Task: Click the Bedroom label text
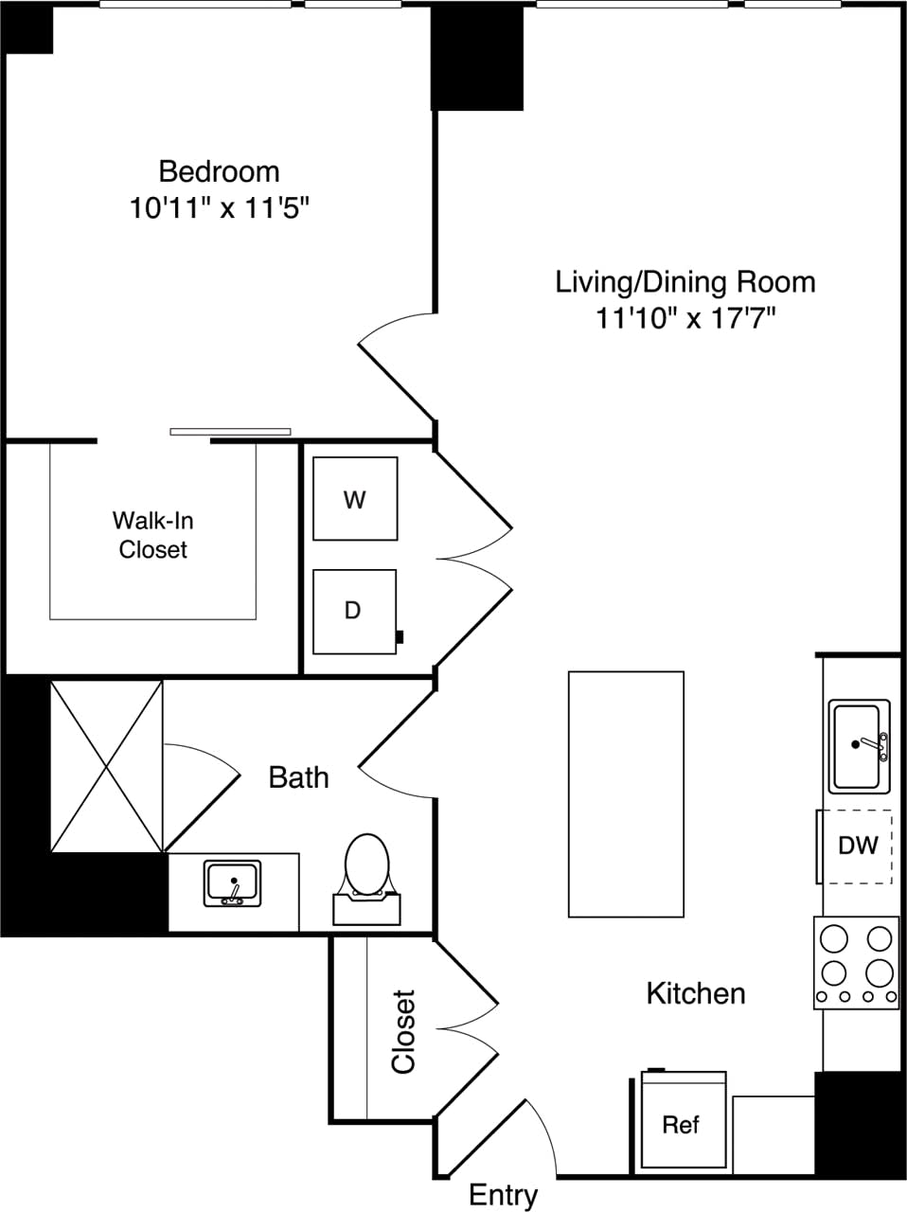coord(219,171)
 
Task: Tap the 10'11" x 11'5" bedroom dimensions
coord(220,208)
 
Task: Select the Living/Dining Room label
coord(685,281)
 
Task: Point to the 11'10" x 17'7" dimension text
coord(685,318)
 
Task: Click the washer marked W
coord(355,499)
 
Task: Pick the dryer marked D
coord(354,611)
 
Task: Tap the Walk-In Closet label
coord(152,535)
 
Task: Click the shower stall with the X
coord(106,766)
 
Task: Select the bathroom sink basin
coord(233,883)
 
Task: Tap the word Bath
coord(299,777)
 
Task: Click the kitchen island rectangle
coord(626,793)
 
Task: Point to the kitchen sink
coord(859,746)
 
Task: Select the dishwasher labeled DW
coord(856,846)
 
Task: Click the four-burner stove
coord(856,961)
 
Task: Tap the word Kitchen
coord(696,993)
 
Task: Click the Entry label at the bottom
coord(504,1195)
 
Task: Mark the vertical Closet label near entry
coord(404,1032)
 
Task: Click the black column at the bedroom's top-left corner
coord(28,28)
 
